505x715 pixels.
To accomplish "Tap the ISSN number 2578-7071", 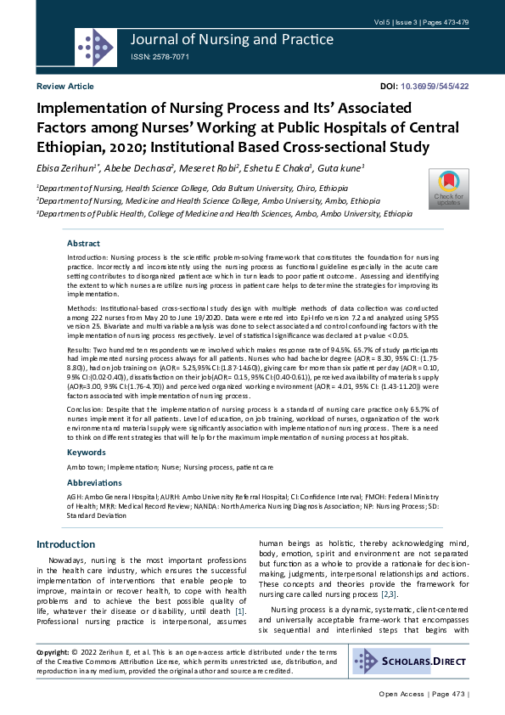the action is coord(160,57).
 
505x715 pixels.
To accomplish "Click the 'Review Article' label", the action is coord(65,87).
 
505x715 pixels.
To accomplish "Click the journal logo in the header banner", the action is coord(94,44).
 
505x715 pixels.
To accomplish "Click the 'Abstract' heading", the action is coord(83,243).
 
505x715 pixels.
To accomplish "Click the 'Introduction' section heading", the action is coord(65,544).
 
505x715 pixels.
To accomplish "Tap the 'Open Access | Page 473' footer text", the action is coord(423,694).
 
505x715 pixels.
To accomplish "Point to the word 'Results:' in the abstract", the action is coord(82,349).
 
